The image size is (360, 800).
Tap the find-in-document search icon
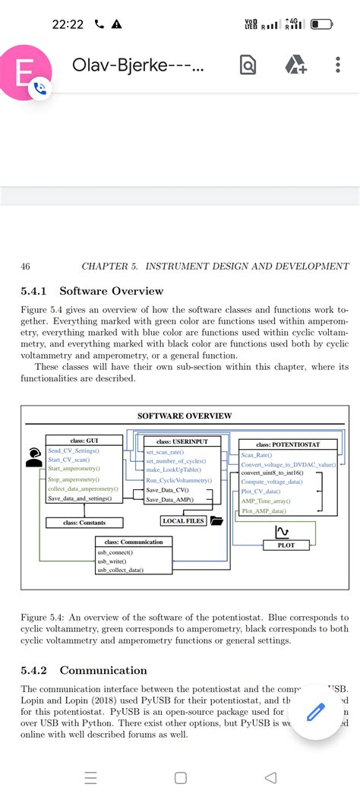pos(248,65)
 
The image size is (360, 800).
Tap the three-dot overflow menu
pos(338,65)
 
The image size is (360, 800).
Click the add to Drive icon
pos(295,65)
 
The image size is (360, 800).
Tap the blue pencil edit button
pos(315,712)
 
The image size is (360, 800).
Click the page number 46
pos(25,266)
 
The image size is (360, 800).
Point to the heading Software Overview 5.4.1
pos(92,291)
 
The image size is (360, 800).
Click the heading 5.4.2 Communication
pos(84,670)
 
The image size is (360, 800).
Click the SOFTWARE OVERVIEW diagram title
pos(185,416)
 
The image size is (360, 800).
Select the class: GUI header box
pos(84,441)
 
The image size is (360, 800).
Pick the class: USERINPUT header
pos(182,441)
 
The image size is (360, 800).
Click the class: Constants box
pos(84,523)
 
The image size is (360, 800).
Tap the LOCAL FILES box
pos(183,520)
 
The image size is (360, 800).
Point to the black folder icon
pos(216,520)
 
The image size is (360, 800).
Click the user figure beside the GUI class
pos(32,457)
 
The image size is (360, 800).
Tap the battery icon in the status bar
pos(321,24)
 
